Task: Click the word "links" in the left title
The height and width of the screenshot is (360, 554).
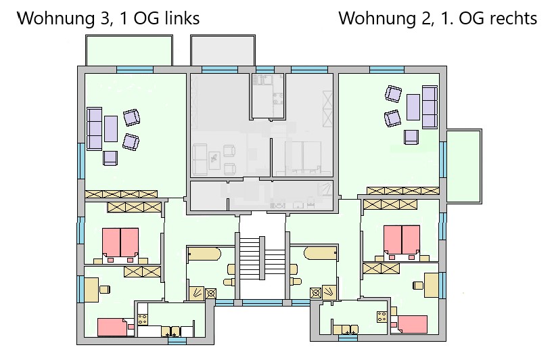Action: click(x=182, y=18)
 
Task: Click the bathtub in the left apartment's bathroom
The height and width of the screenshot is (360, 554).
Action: click(x=204, y=254)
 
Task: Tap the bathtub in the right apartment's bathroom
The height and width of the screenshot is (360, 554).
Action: click(x=320, y=253)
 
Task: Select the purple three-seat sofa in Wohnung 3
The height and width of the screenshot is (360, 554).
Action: click(x=94, y=129)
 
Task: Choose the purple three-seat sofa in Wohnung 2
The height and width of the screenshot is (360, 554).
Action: click(x=430, y=107)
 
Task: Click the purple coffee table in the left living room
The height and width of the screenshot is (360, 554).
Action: click(x=111, y=129)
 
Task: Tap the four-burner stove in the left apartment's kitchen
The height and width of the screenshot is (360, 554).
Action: click(x=142, y=319)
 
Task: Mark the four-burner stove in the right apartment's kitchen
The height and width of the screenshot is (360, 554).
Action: click(x=382, y=317)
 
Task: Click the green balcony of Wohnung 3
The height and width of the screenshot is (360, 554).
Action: click(x=129, y=50)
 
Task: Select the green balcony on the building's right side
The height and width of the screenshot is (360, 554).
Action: click(x=464, y=166)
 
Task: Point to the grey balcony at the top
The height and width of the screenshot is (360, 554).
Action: click(x=223, y=50)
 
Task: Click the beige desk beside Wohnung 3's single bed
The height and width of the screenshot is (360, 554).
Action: click(x=92, y=290)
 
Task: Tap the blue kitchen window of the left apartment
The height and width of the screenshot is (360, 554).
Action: click(x=177, y=340)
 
